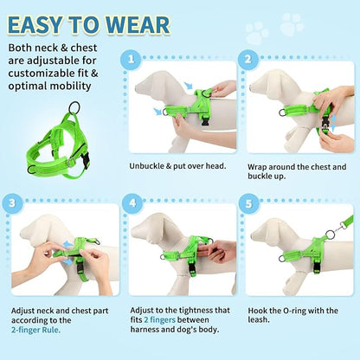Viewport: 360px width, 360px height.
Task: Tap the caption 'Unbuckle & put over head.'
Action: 177,165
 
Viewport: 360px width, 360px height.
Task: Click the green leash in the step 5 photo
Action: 333,227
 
